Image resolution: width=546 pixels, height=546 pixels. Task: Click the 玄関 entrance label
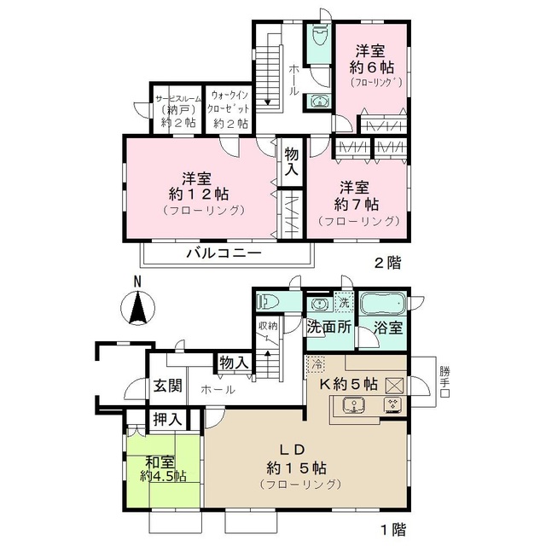[167, 386]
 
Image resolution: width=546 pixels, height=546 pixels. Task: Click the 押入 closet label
[166, 419]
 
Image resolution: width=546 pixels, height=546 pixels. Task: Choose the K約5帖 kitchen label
[348, 383]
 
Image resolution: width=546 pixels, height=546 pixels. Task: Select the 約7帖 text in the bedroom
[357, 203]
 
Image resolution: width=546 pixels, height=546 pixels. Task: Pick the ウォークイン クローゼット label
[229, 109]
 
